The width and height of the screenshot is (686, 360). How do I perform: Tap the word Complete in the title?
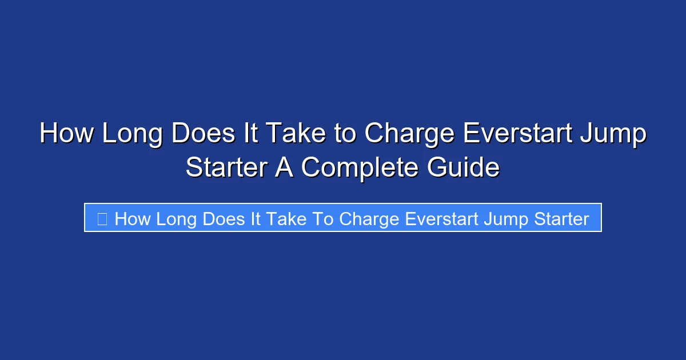click(x=360, y=167)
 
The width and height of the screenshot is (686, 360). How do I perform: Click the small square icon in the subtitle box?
click(x=102, y=218)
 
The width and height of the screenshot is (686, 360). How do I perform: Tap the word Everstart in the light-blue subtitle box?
click(x=443, y=218)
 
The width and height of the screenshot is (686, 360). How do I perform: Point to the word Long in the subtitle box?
click(x=177, y=218)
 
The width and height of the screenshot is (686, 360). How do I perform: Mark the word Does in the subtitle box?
click(x=224, y=218)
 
